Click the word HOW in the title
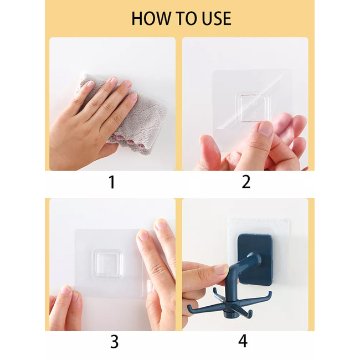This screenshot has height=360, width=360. click(152, 18)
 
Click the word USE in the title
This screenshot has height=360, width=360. click(216, 18)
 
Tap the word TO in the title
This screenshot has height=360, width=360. click(187, 18)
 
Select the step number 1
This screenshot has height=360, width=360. click(112, 182)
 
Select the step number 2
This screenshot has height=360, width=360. click(246, 182)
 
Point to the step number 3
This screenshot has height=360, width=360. click(114, 342)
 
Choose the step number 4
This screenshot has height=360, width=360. click(243, 341)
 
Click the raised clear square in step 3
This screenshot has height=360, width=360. click(107, 264)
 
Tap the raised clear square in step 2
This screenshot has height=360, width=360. click(253, 107)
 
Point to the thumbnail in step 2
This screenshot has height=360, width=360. click(265, 129)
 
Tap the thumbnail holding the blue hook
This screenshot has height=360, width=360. click(222, 269)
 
